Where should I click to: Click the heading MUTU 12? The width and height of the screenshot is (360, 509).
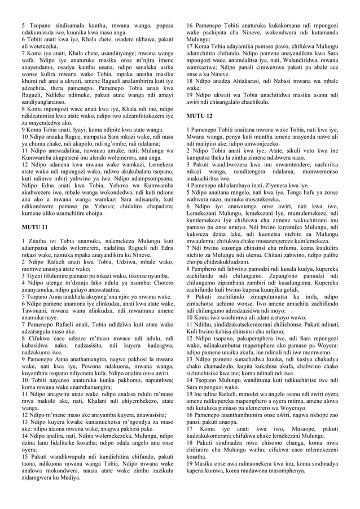point(200,116)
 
